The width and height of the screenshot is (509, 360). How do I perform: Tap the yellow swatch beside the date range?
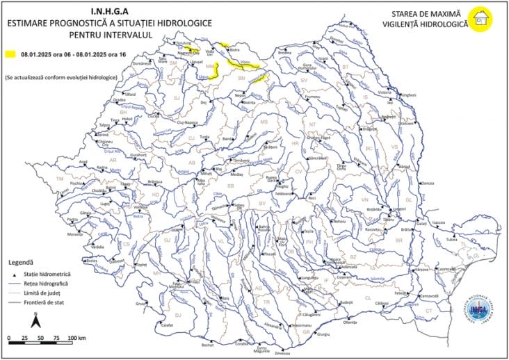click(10, 54)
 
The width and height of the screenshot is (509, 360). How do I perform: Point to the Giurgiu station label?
click(323, 334)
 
